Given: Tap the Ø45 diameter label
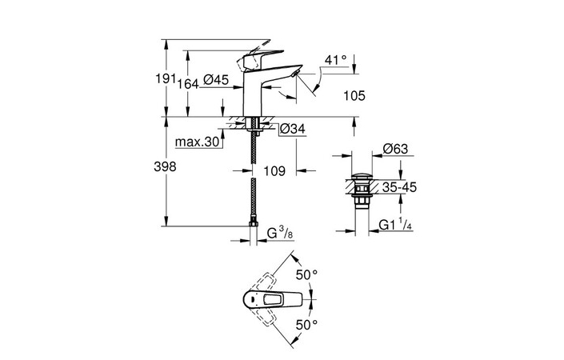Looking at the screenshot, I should pos(217,79).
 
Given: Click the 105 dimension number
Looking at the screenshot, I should pos(352,96).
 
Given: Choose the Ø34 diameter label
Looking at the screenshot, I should pos(293,128).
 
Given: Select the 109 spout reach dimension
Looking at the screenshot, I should pos(275,170).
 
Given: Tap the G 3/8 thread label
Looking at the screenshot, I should pos(280,234).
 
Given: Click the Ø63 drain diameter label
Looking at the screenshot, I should pos(396,148).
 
